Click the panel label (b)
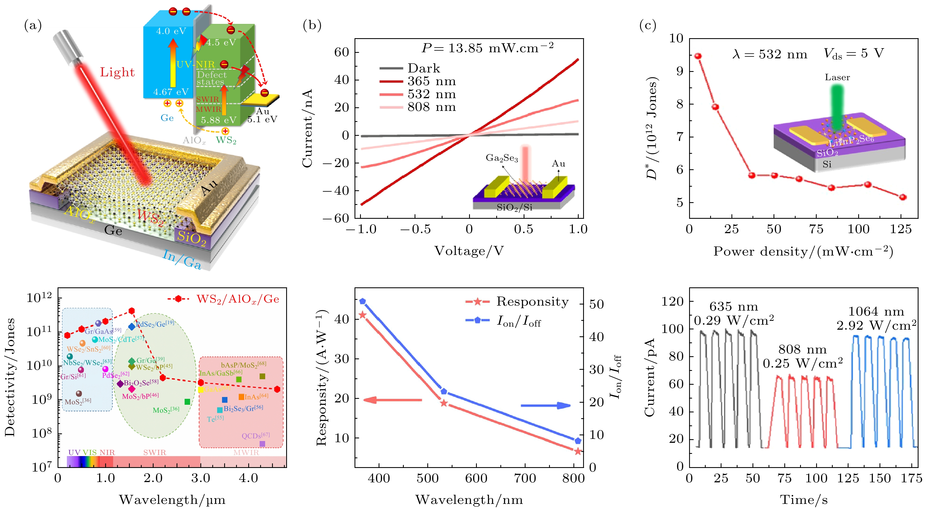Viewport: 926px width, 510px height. coord(312,25)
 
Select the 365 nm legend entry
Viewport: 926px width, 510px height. coord(431,81)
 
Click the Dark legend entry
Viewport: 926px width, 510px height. coord(423,68)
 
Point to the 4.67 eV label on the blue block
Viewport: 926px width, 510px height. coord(171,92)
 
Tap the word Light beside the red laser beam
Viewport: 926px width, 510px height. coord(117,72)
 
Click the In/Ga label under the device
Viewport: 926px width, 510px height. coord(182,259)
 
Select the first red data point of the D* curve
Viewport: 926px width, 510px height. coord(698,56)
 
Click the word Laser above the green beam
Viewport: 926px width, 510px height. coord(837,77)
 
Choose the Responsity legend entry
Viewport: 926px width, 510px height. coord(532,302)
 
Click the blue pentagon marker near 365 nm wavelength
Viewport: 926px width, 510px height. coord(363,301)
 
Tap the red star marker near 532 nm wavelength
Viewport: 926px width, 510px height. coord(444,403)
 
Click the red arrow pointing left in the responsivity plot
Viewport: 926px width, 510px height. coord(392,400)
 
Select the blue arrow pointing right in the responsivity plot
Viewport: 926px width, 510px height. coord(546,405)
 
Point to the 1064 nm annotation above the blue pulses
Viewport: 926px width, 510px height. coord(876,311)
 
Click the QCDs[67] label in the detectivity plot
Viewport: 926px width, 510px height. coord(256,436)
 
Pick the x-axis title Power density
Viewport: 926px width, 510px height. coord(803,251)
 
